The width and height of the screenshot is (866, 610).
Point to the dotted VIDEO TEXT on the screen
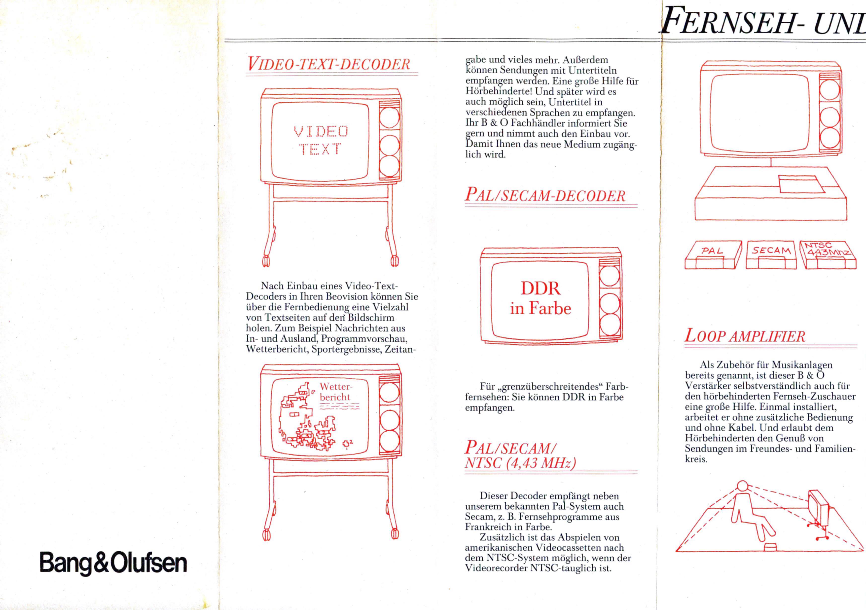tap(321, 140)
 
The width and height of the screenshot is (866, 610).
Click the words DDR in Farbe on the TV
tap(541, 298)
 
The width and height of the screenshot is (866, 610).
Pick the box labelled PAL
tap(713, 255)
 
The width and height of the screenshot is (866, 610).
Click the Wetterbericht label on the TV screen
tap(335, 392)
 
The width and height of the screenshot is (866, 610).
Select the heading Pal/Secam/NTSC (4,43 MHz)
tap(520, 455)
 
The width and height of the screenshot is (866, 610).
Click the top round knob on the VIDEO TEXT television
tap(389, 117)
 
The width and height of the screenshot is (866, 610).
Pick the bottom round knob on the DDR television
tap(610, 325)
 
